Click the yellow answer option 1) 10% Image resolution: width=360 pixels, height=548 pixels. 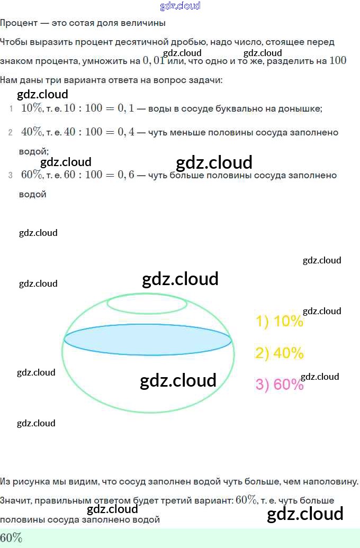[x=280, y=321]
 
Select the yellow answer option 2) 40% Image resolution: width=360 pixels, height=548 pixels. [x=280, y=353]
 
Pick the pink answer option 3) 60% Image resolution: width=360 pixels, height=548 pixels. [x=280, y=385]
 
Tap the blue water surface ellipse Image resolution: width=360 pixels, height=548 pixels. [x=148, y=339]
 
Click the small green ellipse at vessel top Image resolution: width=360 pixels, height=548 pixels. [x=147, y=304]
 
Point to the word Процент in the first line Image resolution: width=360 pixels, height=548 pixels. [x=19, y=23]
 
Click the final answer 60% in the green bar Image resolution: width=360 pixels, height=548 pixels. [x=11, y=538]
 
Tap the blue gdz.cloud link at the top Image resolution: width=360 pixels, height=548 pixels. [x=180, y=6]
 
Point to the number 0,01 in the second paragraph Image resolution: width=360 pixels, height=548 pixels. [x=154, y=61]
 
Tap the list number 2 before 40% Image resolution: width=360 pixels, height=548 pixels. [x=10, y=132]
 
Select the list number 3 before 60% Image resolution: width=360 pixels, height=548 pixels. [x=10, y=176]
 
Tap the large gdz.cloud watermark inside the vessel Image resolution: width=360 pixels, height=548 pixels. [x=178, y=380]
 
